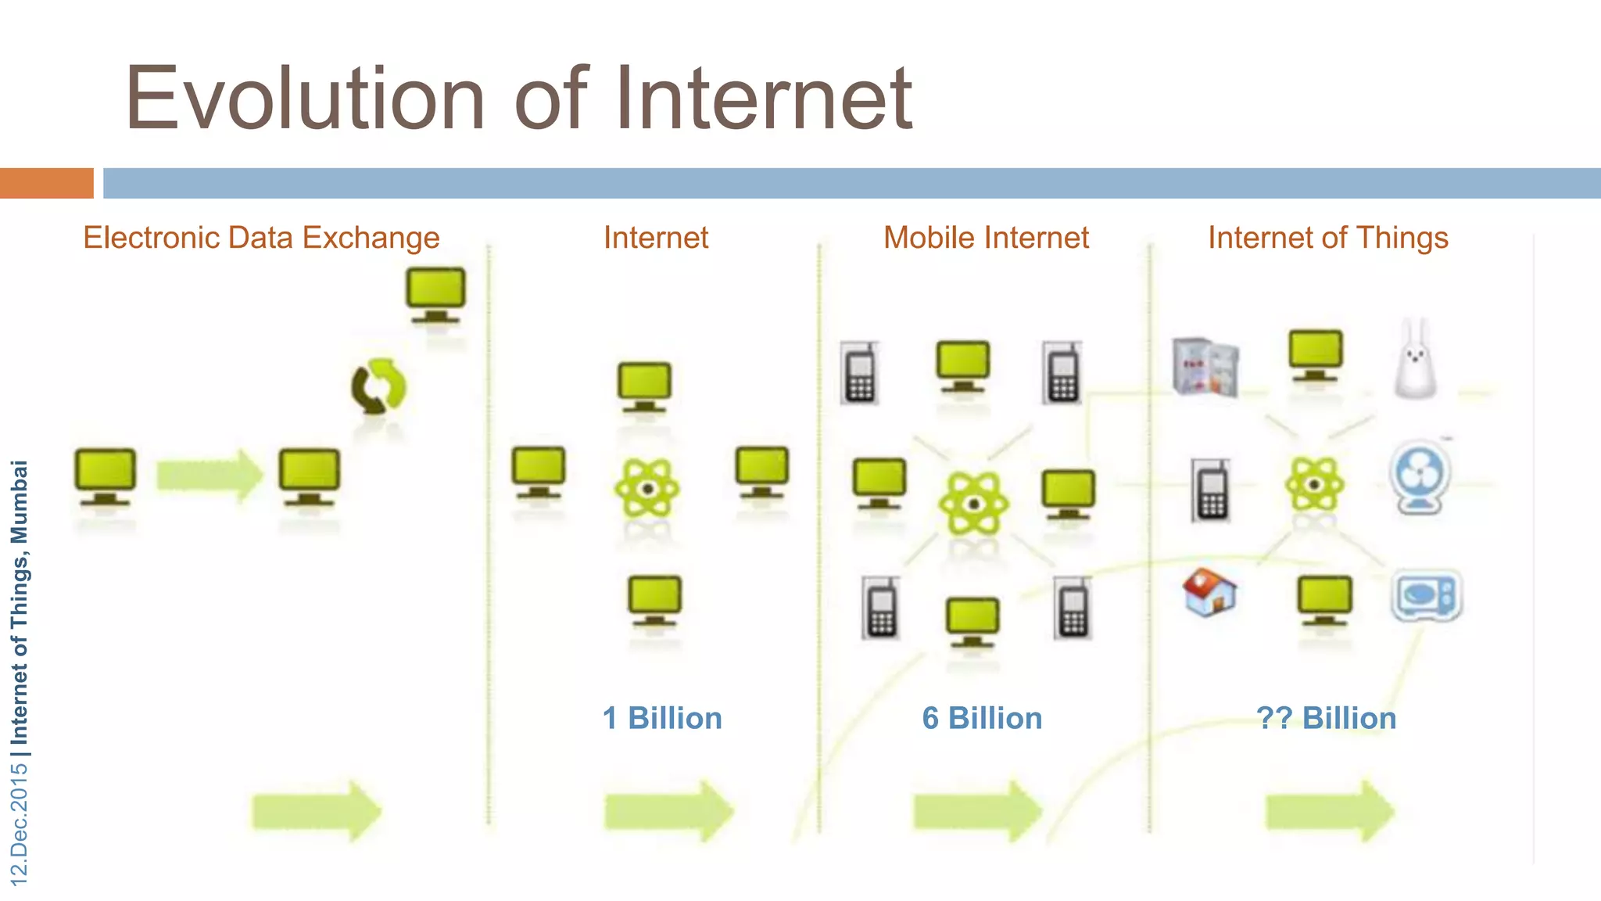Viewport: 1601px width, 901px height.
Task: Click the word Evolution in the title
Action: [x=306, y=99]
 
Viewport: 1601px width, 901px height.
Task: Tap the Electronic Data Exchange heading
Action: [x=261, y=238]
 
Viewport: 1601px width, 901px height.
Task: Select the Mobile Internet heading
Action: [x=986, y=238]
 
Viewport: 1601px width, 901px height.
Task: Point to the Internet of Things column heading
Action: [x=1327, y=238]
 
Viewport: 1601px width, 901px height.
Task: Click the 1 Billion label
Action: [x=662, y=718]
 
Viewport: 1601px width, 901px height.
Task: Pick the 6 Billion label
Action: [x=982, y=718]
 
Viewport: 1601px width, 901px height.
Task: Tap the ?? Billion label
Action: [x=1326, y=718]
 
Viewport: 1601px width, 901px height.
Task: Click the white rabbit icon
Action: [x=1416, y=359]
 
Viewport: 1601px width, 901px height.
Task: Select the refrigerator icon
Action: [x=1206, y=366]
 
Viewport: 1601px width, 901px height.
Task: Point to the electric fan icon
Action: [x=1420, y=477]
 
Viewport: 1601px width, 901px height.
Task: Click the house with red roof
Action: [x=1209, y=592]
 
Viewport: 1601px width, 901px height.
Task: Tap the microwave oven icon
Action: [x=1426, y=596]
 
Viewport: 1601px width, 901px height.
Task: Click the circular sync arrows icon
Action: [x=378, y=386]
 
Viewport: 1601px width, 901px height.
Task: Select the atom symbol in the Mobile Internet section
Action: [x=972, y=504]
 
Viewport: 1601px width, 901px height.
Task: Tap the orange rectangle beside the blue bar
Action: [x=46, y=183]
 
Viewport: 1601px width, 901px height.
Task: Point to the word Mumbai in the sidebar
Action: [x=19, y=501]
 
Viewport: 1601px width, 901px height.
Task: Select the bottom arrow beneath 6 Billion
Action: [x=978, y=811]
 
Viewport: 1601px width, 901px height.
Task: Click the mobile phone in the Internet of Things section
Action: [x=1211, y=490]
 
